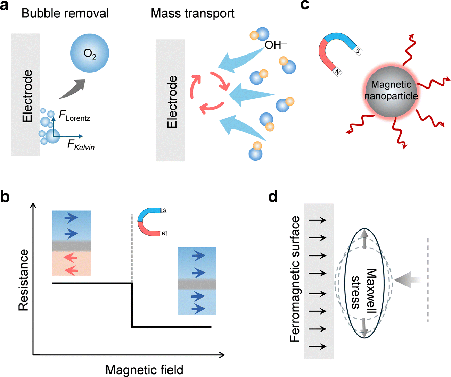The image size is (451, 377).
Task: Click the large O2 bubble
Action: click(x=90, y=53)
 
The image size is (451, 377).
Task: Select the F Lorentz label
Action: click(x=75, y=116)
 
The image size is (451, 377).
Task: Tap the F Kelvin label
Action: click(x=81, y=145)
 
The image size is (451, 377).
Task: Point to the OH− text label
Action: click(x=276, y=45)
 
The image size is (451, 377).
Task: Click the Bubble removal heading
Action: click(x=65, y=13)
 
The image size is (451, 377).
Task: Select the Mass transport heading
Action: click(x=192, y=13)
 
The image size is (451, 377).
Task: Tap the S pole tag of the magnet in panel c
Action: click(x=358, y=51)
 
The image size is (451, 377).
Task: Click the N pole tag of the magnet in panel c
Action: click(x=337, y=72)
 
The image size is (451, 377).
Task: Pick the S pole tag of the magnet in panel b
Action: click(x=164, y=210)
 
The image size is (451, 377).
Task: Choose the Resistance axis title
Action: click(x=24, y=280)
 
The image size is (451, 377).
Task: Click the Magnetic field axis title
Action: click(x=144, y=370)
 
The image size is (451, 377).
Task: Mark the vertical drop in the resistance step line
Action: click(x=132, y=305)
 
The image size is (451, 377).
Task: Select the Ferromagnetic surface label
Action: click(x=295, y=279)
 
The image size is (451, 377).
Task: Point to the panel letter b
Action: click(x=5, y=197)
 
